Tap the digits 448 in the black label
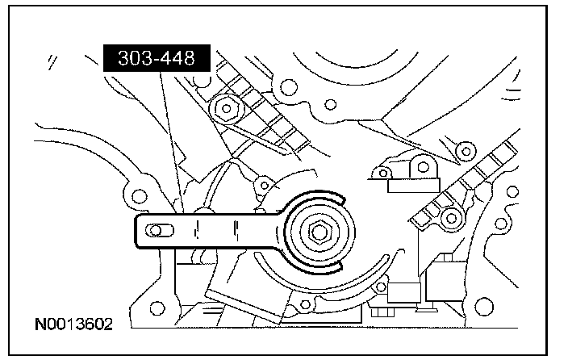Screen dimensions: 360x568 [x=184, y=60]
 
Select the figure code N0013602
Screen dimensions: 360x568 [x=73, y=325]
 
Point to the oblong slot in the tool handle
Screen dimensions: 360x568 [x=159, y=232]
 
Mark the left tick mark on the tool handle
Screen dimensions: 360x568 [x=196, y=232]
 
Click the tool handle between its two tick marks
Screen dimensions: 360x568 [x=217, y=232]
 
